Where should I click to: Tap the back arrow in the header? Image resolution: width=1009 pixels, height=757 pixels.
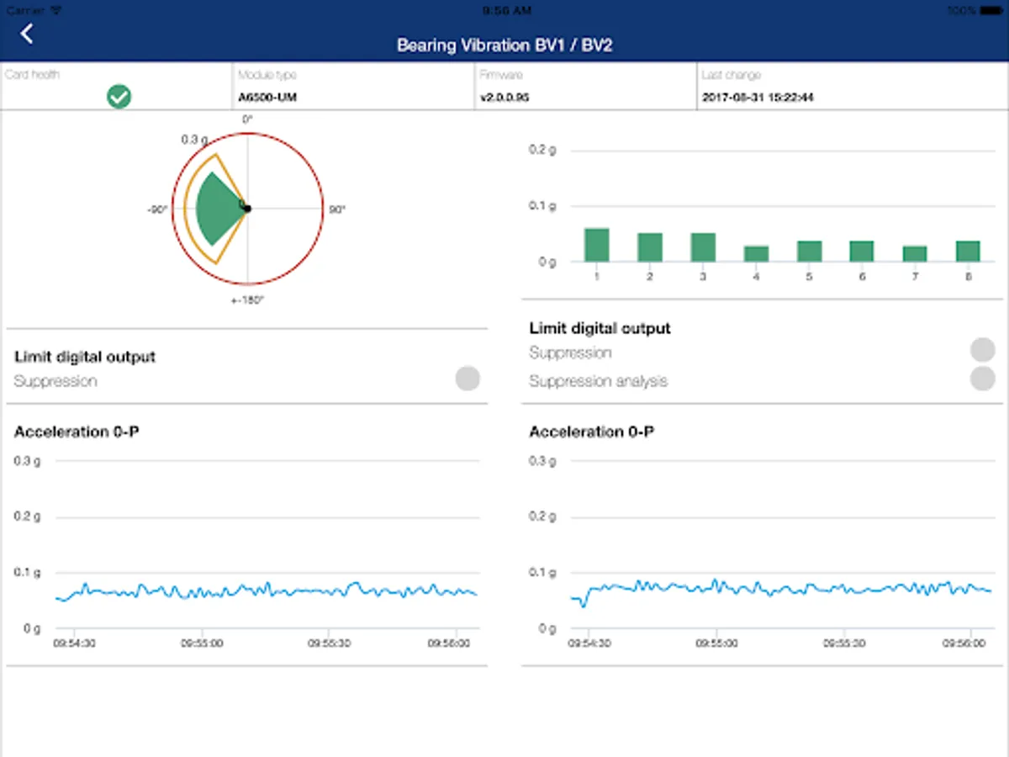(x=27, y=34)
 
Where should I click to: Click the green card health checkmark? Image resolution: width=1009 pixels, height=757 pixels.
(x=119, y=97)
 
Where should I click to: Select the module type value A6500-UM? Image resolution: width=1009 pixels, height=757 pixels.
(x=267, y=98)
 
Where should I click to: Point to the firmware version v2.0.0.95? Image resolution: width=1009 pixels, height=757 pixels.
(x=504, y=98)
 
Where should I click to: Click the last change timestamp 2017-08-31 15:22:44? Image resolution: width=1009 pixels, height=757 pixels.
(x=758, y=98)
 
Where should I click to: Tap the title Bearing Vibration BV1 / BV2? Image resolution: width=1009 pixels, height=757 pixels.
(x=504, y=45)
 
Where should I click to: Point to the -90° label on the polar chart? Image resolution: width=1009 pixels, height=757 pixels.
(x=157, y=209)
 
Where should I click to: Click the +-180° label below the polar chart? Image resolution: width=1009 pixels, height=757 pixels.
(x=247, y=299)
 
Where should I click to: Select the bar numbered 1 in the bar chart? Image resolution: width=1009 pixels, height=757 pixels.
(x=596, y=245)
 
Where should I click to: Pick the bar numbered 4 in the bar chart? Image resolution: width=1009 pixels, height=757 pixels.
(x=756, y=253)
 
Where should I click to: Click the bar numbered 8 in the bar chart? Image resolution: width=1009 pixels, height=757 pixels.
(x=968, y=251)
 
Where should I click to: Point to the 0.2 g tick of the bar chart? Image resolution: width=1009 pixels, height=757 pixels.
(x=542, y=150)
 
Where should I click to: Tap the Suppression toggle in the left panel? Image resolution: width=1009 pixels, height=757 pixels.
(x=468, y=378)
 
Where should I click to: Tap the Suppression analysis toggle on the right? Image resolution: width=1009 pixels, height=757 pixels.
(x=982, y=379)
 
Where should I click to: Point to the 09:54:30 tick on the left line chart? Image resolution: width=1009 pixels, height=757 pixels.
(x=73, y=643)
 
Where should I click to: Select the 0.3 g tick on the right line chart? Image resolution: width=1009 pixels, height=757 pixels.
(x=542, y=461)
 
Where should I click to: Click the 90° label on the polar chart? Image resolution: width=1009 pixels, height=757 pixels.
(x=336, y=209)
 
